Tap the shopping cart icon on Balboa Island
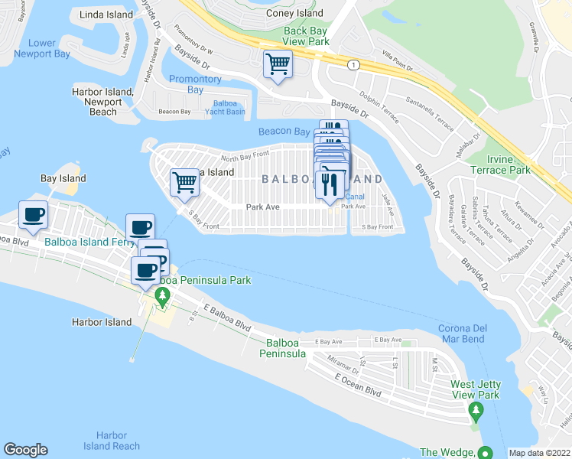point(184,183)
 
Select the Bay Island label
point(63,178)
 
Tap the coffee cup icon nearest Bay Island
point(33,216)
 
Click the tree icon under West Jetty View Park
point(476,413)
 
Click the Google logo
point(25,450)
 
